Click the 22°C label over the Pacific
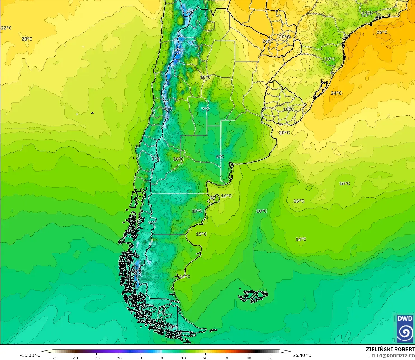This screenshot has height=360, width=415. (6, 28)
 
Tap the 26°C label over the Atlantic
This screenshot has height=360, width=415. (382, 32)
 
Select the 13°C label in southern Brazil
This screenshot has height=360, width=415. (330, 59)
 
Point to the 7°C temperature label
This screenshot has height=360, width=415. (205, 109)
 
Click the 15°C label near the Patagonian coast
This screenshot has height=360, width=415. (201, 234)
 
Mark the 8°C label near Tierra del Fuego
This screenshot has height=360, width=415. (162, 312)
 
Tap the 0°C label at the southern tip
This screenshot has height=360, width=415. (174, 327)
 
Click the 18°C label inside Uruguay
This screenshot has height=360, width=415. (289, 109)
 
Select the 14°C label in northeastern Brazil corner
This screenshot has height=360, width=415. (367, 13)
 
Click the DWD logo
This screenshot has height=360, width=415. (405, 329)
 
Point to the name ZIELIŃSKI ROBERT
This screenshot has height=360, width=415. (390, 349)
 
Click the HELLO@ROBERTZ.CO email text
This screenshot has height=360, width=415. (391, 356)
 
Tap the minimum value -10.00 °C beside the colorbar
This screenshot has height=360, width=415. (30, 355)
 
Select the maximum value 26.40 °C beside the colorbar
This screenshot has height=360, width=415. (302, 355)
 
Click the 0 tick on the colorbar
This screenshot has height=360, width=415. (162, 358)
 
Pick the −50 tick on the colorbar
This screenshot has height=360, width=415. (53, 358)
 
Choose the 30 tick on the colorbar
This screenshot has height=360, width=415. (227, 358)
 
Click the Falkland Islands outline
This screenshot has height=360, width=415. (253, 296)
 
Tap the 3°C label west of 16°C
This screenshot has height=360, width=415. (156, 159)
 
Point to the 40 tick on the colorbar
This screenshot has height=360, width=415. (249, 358)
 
